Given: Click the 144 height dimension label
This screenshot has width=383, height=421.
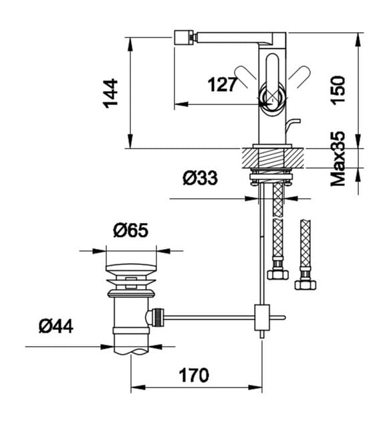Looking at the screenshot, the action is (x=111, y=93).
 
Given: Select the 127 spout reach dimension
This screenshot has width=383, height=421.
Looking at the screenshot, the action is (x=223, y=84).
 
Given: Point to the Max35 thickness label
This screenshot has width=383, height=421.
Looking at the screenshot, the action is (x=338, y=159).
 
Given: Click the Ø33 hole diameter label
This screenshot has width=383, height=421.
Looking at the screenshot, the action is (x=201, y=178).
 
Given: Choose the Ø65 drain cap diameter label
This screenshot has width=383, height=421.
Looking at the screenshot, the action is (x=130, y=230).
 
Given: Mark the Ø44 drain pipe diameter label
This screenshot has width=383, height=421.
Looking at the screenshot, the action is (x=55, y=326).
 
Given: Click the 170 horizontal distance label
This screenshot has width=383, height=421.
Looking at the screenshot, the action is (x=194, y=375).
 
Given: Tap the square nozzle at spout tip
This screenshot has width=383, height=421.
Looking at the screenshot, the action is (x=183, y=38).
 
